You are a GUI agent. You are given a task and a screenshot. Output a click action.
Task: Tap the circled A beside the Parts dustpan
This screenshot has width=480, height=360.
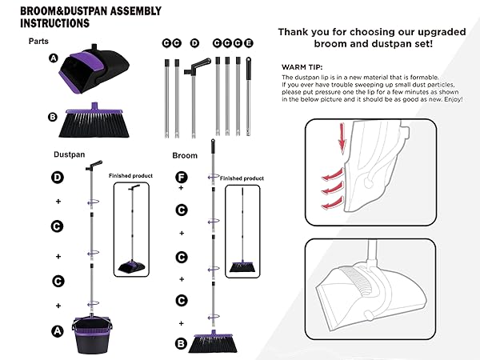(54, 58)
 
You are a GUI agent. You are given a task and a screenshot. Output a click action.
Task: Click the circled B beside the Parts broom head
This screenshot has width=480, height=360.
(53, 117)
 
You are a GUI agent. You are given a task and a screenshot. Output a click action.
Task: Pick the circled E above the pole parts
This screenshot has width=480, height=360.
(248, 42)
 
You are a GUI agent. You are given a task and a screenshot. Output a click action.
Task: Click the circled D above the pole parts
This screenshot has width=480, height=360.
(194, 42)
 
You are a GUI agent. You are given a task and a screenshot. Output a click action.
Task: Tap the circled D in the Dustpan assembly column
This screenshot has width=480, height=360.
(57, 177)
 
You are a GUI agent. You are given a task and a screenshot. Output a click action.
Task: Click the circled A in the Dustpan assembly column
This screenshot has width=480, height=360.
(57, 329)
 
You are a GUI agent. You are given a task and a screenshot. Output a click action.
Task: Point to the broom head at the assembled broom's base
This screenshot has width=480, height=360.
(214, 338)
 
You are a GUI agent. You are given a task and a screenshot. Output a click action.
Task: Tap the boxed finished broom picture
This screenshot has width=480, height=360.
(239, 230)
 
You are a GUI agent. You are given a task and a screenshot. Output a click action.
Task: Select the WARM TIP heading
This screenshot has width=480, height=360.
(304, 67)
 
